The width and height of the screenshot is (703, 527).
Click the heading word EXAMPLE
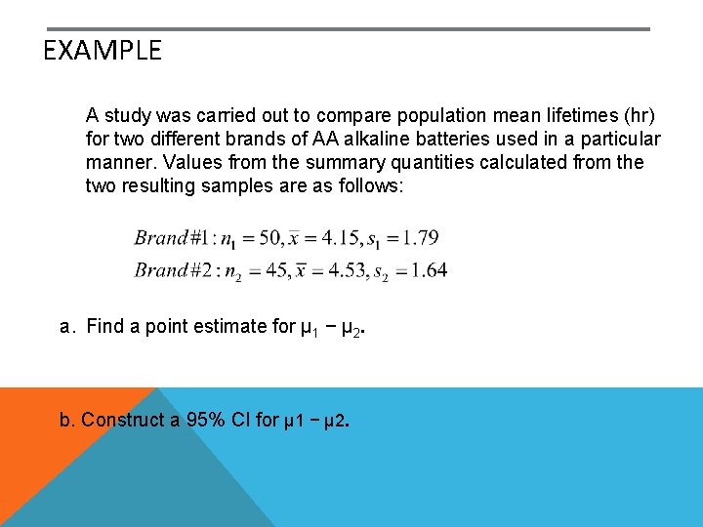[x=103, y=51]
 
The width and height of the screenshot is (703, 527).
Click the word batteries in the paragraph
[x=481, y=139]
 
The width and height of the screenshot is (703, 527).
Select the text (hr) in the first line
[x=639, y=115]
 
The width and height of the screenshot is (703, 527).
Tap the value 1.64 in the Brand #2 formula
[x=428, y=270]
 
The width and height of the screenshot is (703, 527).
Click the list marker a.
[x=66, y=327]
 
